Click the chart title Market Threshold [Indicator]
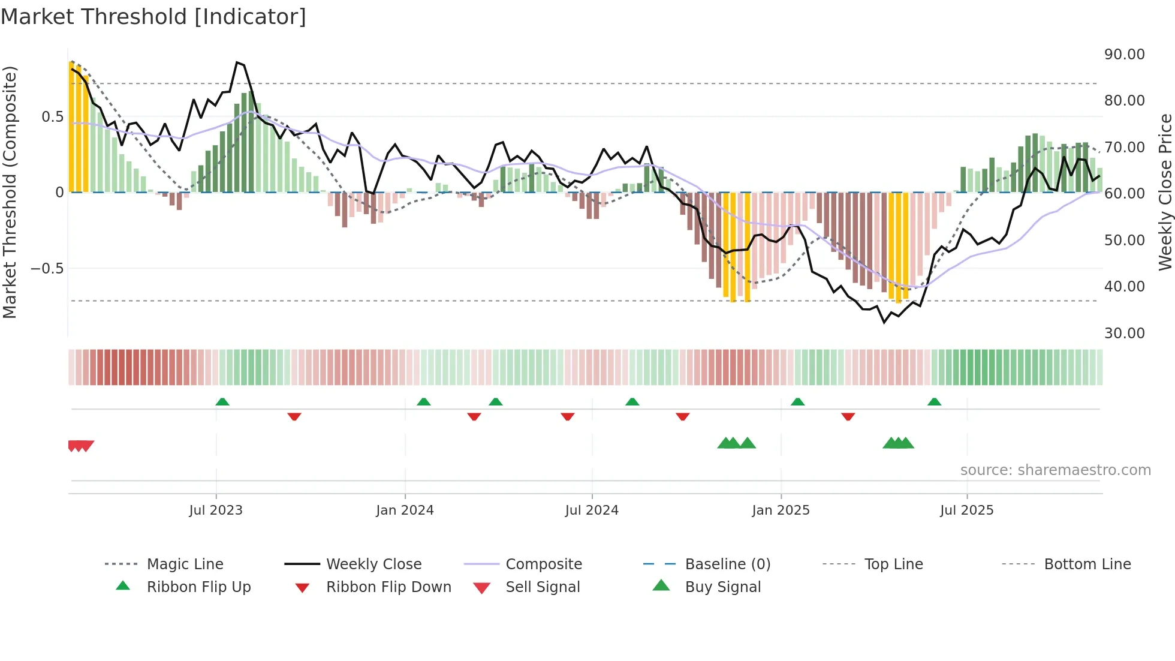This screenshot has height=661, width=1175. tap(153, 17)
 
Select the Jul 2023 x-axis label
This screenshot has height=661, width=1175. tap(216, 510)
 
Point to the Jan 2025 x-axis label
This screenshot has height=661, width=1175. tap(781, 510)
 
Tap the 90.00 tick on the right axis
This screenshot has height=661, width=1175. tap(1124, 55)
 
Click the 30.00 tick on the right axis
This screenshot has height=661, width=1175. tap(1124, 333)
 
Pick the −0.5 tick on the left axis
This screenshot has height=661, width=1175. tap(47, 269)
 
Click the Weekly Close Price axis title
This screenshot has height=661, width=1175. tap(1165, 192)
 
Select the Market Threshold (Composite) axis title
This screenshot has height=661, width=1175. tap(10, 192)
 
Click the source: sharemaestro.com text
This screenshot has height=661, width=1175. tap(1055, 470)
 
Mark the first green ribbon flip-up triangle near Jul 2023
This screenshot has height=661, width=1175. tap(222, 402)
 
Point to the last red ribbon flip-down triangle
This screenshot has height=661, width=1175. tap(848, 416)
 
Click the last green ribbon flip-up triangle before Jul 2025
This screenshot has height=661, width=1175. tap(934, 402)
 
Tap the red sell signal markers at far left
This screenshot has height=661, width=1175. tap(80, 446)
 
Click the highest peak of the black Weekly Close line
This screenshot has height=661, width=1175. tap(237, 62)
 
